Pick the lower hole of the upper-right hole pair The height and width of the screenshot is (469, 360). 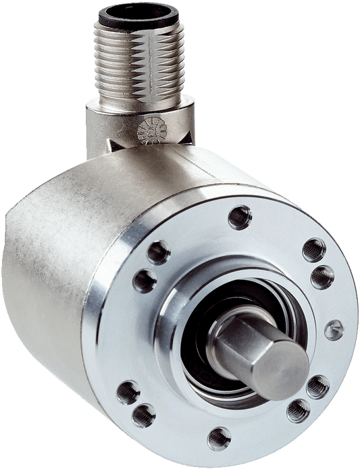322,276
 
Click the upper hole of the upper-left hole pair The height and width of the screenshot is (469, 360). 157,252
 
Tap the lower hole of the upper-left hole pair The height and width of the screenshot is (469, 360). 146,279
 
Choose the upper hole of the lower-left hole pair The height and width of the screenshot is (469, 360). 128,391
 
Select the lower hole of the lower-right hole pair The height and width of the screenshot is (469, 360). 298,410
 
